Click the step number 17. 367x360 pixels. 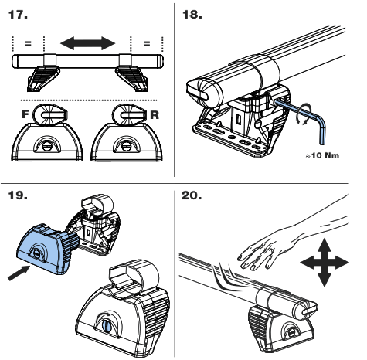tap(18, 15)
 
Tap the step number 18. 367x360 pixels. tap(192, 15)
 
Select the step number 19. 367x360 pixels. tap(18, 195)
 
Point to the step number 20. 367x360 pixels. tap(192, 195)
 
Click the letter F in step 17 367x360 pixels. tap(25, 114)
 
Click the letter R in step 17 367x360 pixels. tap(155, 115)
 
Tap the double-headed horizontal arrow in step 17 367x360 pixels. tap(88, 43)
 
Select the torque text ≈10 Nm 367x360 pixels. tap(322, 155)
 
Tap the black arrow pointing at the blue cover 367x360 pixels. tap(19, 273)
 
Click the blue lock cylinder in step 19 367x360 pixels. tap(107, 326)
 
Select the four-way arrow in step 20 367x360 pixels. tap(325, 263)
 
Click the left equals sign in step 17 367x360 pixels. tap(28, 43)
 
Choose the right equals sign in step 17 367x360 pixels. tap(147, 43)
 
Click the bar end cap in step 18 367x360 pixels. tap(199, 92)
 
